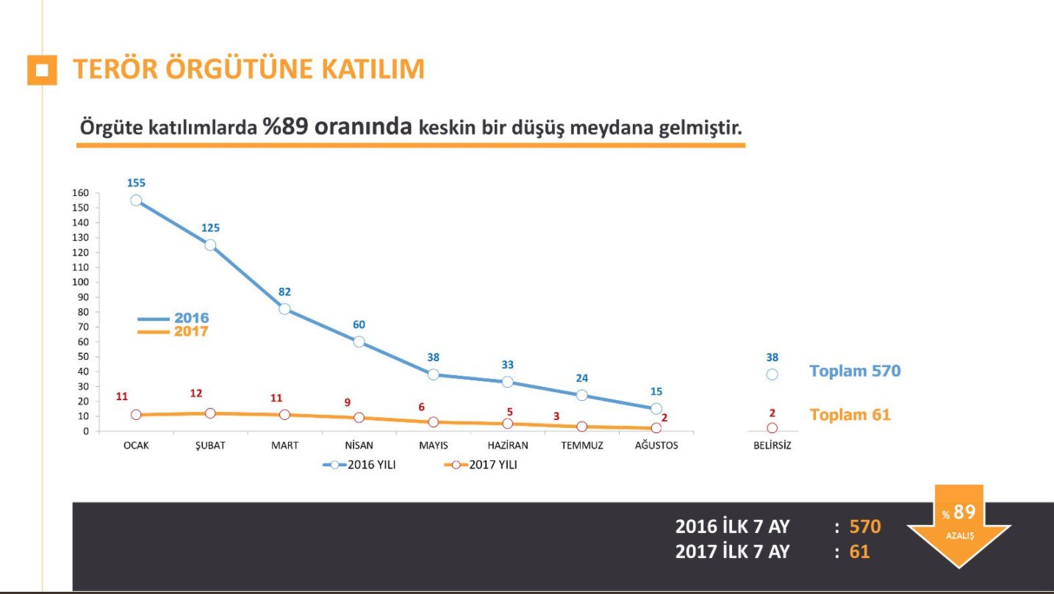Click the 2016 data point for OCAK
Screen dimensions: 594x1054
(x=136, y=200)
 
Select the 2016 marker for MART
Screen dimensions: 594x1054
(x=284, y=309)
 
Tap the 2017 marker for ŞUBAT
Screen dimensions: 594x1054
(x=210, y=413)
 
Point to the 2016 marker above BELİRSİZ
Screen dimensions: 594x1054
(x=772, y=374)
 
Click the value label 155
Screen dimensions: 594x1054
(x=136, y=183)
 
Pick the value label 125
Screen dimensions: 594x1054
(x=210, y=228)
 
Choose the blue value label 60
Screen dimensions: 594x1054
(x=359, y=325)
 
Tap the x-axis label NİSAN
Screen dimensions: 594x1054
(x=359, y=446)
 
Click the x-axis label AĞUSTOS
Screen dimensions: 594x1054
(x=656, y=446)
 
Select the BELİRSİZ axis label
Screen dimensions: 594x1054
(x=772, y=446)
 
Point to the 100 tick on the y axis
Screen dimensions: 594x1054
(x=80, y=282)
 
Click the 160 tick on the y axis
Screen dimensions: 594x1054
(x=80, y=193)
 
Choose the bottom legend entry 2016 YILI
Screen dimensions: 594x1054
(x=360, y=465)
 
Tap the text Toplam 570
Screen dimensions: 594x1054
(x=855, y=371)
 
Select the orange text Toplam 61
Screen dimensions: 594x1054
(x=850, y=415)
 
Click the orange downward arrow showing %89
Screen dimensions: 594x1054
(x=958, y=526)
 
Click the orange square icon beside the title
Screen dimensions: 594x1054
(x=42, y=70)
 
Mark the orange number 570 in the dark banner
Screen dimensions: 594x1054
(x=865, y=526)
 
